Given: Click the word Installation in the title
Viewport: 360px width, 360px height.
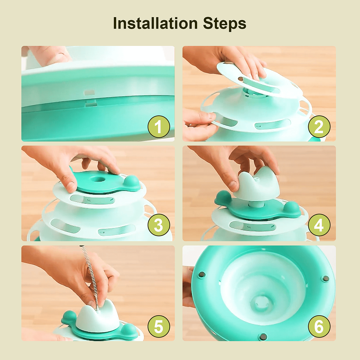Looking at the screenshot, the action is click(155, 23).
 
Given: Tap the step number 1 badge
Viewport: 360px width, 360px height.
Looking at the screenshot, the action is click(159, 127).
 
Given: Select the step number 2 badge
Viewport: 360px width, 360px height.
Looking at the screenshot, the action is click(319, 127).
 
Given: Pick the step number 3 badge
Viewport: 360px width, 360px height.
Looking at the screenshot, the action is click(159, 225).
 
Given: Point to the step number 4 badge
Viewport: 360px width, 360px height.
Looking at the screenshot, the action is click(319, 225).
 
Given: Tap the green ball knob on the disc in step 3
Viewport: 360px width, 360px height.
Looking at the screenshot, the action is click(132, 181).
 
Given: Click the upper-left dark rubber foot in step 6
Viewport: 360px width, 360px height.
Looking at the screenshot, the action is click(202, 274).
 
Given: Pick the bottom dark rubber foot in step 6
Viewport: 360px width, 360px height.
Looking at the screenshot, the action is click(263, 336).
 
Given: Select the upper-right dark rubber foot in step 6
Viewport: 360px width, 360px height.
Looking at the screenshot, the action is click(326, 279).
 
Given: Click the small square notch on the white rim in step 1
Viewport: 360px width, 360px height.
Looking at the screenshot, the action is click(89, 92).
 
